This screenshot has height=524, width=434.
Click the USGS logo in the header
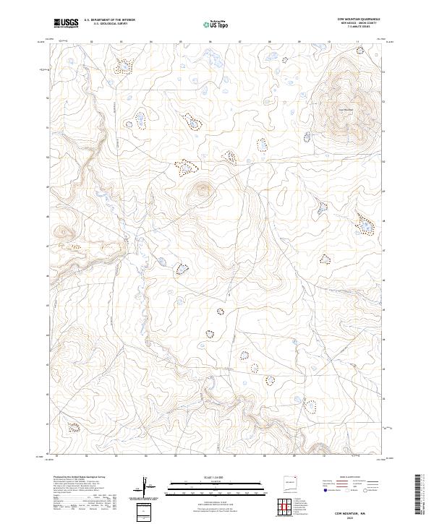tap(66, 23)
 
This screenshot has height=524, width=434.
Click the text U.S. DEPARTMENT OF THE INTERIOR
tap(109, 20)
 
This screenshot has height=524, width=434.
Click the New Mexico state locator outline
tap(292, 484)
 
